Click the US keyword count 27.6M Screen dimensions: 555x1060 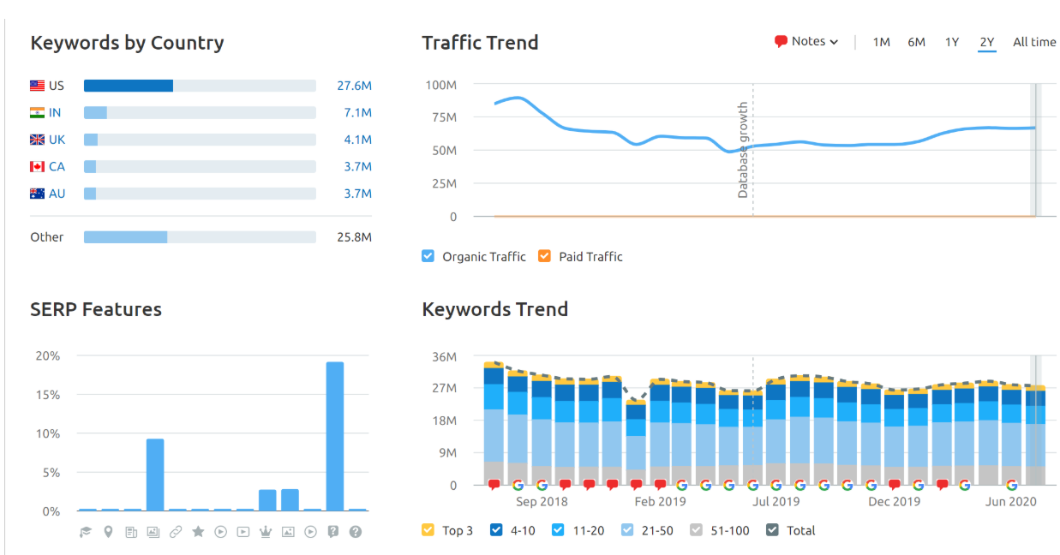[x=354, y=86]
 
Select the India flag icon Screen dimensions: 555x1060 [x=37, y=113]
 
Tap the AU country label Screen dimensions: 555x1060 [x=57, y=194]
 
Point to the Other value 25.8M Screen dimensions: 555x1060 [x=354, y=237]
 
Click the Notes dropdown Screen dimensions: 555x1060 [x=805, y=41]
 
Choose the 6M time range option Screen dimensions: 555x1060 [x=916, y=42]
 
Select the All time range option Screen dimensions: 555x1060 [x=1034, y=42]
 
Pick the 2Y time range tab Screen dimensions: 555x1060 [x=987, y=42]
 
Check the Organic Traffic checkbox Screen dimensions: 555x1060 [x=428, y=256]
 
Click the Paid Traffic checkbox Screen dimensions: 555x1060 [x=544, y=256]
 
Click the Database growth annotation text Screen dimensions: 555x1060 [x=743, y=150]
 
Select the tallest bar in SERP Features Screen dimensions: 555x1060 [x=334, y=436]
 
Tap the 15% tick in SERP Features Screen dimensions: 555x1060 [x=47, y=395]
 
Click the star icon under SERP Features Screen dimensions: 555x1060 [x=198, y=532]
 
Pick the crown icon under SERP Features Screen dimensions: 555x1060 [x=266, y=532]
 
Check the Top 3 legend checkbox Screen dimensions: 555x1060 [x=428, y=530]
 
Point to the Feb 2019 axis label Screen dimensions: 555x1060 [x=660, y=502]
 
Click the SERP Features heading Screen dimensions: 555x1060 [x=96, y=309]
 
